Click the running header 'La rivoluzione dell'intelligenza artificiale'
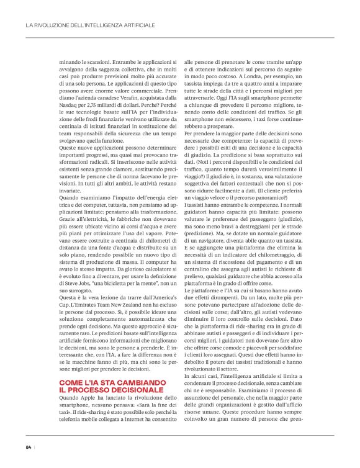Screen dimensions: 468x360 pyautogui.click(x=90, y=26)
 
